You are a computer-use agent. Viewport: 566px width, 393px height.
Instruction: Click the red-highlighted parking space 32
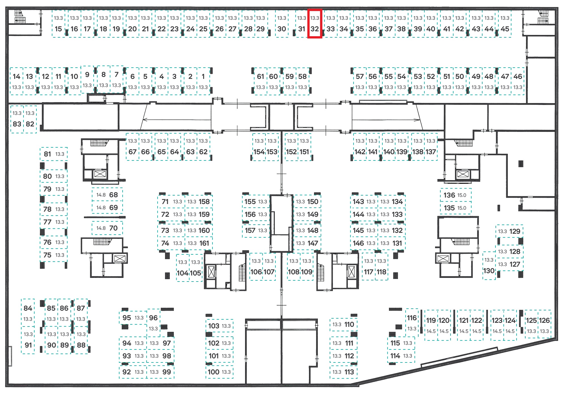pyautogui.click(x=315, y=24)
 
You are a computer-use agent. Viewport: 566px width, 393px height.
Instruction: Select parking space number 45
pyautogui.click(x=505, y=24)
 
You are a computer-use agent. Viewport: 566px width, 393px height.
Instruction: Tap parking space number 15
pyautogui.click(x=59, y=24)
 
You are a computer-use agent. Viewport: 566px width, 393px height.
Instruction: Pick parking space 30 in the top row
pyautogui.click(x=282, y=24)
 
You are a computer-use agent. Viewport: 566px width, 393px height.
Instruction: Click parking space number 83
pyautogui.click(x=17, y=119)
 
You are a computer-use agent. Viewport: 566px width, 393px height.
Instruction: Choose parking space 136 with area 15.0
pyautogui.click(x=456, y=195)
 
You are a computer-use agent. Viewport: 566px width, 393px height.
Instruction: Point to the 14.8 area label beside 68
pyautogui.click(x=101, y=195)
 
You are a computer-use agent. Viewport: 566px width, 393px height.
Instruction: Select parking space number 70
pyautogui.click(x=107, y=228)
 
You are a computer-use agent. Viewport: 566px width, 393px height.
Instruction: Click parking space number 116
pyautogui.click(x=412, y=323)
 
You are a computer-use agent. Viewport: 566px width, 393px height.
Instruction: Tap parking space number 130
pyautogui.click(x=489, y=266)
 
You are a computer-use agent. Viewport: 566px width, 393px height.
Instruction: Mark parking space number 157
pyautogui.click(x=256, y=231)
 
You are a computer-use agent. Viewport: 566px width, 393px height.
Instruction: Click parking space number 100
pyautogui.click(x=220, y=372)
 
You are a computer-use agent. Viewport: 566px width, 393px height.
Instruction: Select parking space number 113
pyautogui.click(x=344, y=372)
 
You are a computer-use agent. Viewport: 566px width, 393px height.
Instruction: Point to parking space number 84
pyautogui.click(x=28, y=313)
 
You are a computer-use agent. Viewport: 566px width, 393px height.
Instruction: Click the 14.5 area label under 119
pyautogui.click(x=431, y=331)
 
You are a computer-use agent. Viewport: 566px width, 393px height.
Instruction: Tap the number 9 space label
pyautogui.click(x=87, y=74)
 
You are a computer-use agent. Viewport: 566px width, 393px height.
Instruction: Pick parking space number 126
pyautogui.click(x=544, y=324)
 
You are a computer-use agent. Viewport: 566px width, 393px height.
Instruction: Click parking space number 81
pyautogui.click(x=54, y=154)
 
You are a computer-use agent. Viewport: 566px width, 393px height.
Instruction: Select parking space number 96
pyautogui.click(x=153, y=323)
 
